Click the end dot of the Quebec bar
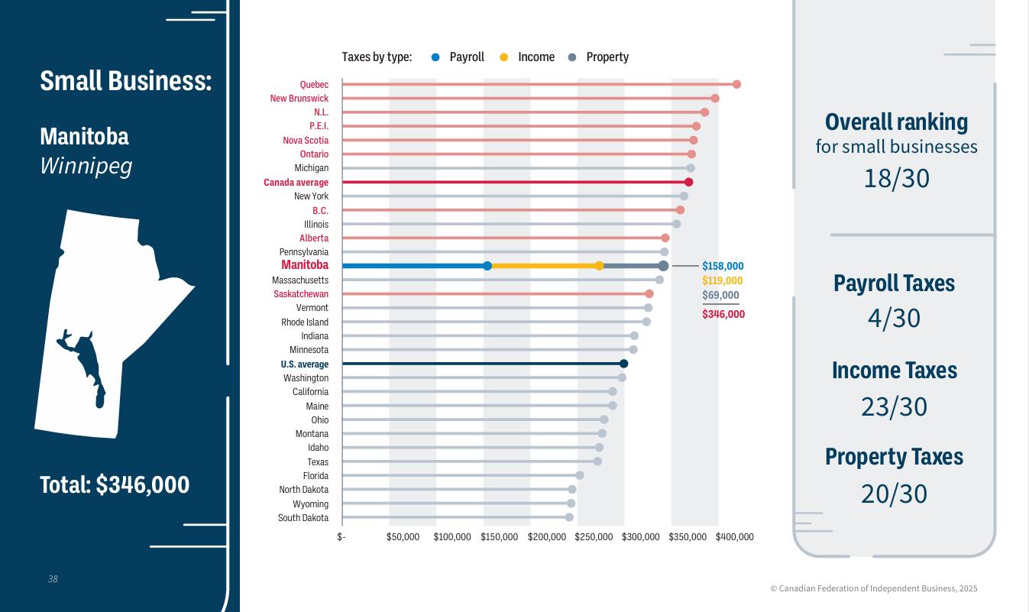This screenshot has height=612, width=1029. point(736,84)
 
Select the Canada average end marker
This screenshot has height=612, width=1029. point(688,182)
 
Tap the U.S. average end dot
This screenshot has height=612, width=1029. point(623,364)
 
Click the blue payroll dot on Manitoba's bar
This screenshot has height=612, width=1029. point(487,266)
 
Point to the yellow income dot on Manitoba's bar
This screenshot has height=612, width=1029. point(599,266)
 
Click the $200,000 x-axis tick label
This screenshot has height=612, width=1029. point(547,537)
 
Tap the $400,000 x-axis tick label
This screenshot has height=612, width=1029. point(735,537)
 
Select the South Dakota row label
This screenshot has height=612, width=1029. point(303,518)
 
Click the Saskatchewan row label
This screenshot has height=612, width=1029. point(301,294)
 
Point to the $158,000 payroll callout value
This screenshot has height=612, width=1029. point(723,266)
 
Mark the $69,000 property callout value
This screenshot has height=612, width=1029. point(720,296)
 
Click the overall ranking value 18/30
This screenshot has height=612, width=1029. point(896,178)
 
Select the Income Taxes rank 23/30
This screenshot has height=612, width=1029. point(894,406)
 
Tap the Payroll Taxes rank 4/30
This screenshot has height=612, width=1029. point(894,318)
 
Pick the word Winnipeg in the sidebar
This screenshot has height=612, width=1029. point(86,166)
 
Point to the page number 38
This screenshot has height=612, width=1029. point(53,579)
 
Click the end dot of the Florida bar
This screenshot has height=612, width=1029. point(579,475)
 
